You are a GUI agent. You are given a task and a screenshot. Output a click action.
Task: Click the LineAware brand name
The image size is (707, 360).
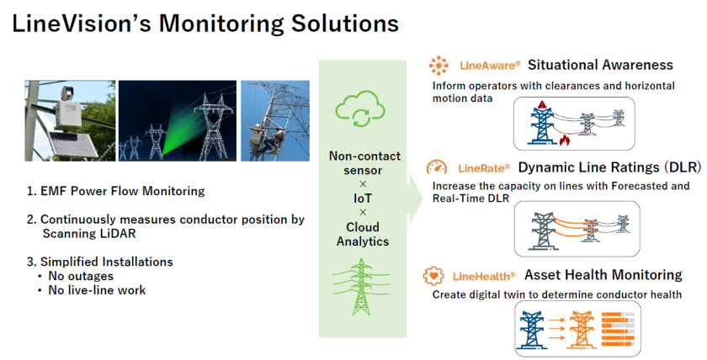point(491,65)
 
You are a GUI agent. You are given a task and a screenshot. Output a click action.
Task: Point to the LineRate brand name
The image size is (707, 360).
point(484,167)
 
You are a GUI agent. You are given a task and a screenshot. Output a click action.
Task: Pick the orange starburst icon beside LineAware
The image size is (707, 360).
point(439,66)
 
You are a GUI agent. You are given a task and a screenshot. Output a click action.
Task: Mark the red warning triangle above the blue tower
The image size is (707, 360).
point(542,104)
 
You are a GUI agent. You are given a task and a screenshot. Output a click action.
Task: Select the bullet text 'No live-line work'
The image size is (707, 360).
point(97,290)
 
